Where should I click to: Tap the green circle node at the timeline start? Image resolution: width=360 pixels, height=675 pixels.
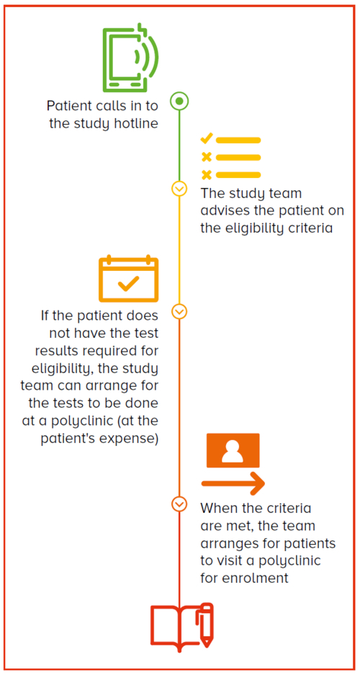coord(179,102)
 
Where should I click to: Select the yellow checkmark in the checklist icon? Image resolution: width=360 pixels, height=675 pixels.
coord(207,138)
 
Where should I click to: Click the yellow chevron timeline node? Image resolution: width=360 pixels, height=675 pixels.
coord(179,189)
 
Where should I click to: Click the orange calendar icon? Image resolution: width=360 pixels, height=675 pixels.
coord(129,279)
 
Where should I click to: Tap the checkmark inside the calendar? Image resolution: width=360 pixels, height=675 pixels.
coord(128,284)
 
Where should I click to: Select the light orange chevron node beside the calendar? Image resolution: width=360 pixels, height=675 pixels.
coord(179,310)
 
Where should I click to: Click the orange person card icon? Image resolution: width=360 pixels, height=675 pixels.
coord(233,450)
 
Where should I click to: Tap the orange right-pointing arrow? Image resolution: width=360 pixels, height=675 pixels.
coord(233,483)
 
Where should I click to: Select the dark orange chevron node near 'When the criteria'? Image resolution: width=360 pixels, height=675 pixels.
coord(179,504)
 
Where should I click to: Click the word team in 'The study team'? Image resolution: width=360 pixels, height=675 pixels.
coord(284,193)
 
